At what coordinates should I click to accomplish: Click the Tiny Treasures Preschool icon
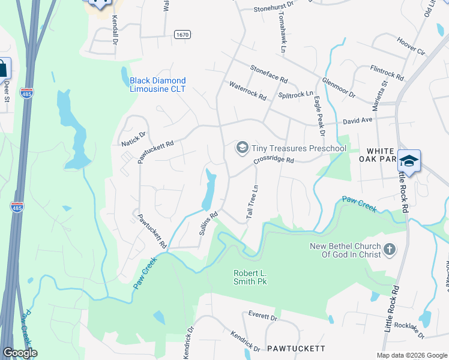tap(242, 148)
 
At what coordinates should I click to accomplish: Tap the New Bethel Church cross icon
tap(389, 249)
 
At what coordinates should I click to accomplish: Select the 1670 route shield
tap(182, 35)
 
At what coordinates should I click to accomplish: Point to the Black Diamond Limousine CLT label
tap(158, 85)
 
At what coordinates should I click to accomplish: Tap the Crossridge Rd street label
tap(273, 160)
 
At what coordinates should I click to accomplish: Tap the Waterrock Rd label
tap(247, 91)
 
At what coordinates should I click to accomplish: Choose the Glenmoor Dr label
tap(339, 88)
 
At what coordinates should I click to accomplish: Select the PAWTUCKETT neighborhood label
tap(296, 348)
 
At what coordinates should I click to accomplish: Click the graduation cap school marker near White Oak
tap(409, 161)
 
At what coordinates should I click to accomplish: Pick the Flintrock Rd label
tap(387, 73)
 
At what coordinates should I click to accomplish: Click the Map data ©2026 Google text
tap(411, 355)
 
